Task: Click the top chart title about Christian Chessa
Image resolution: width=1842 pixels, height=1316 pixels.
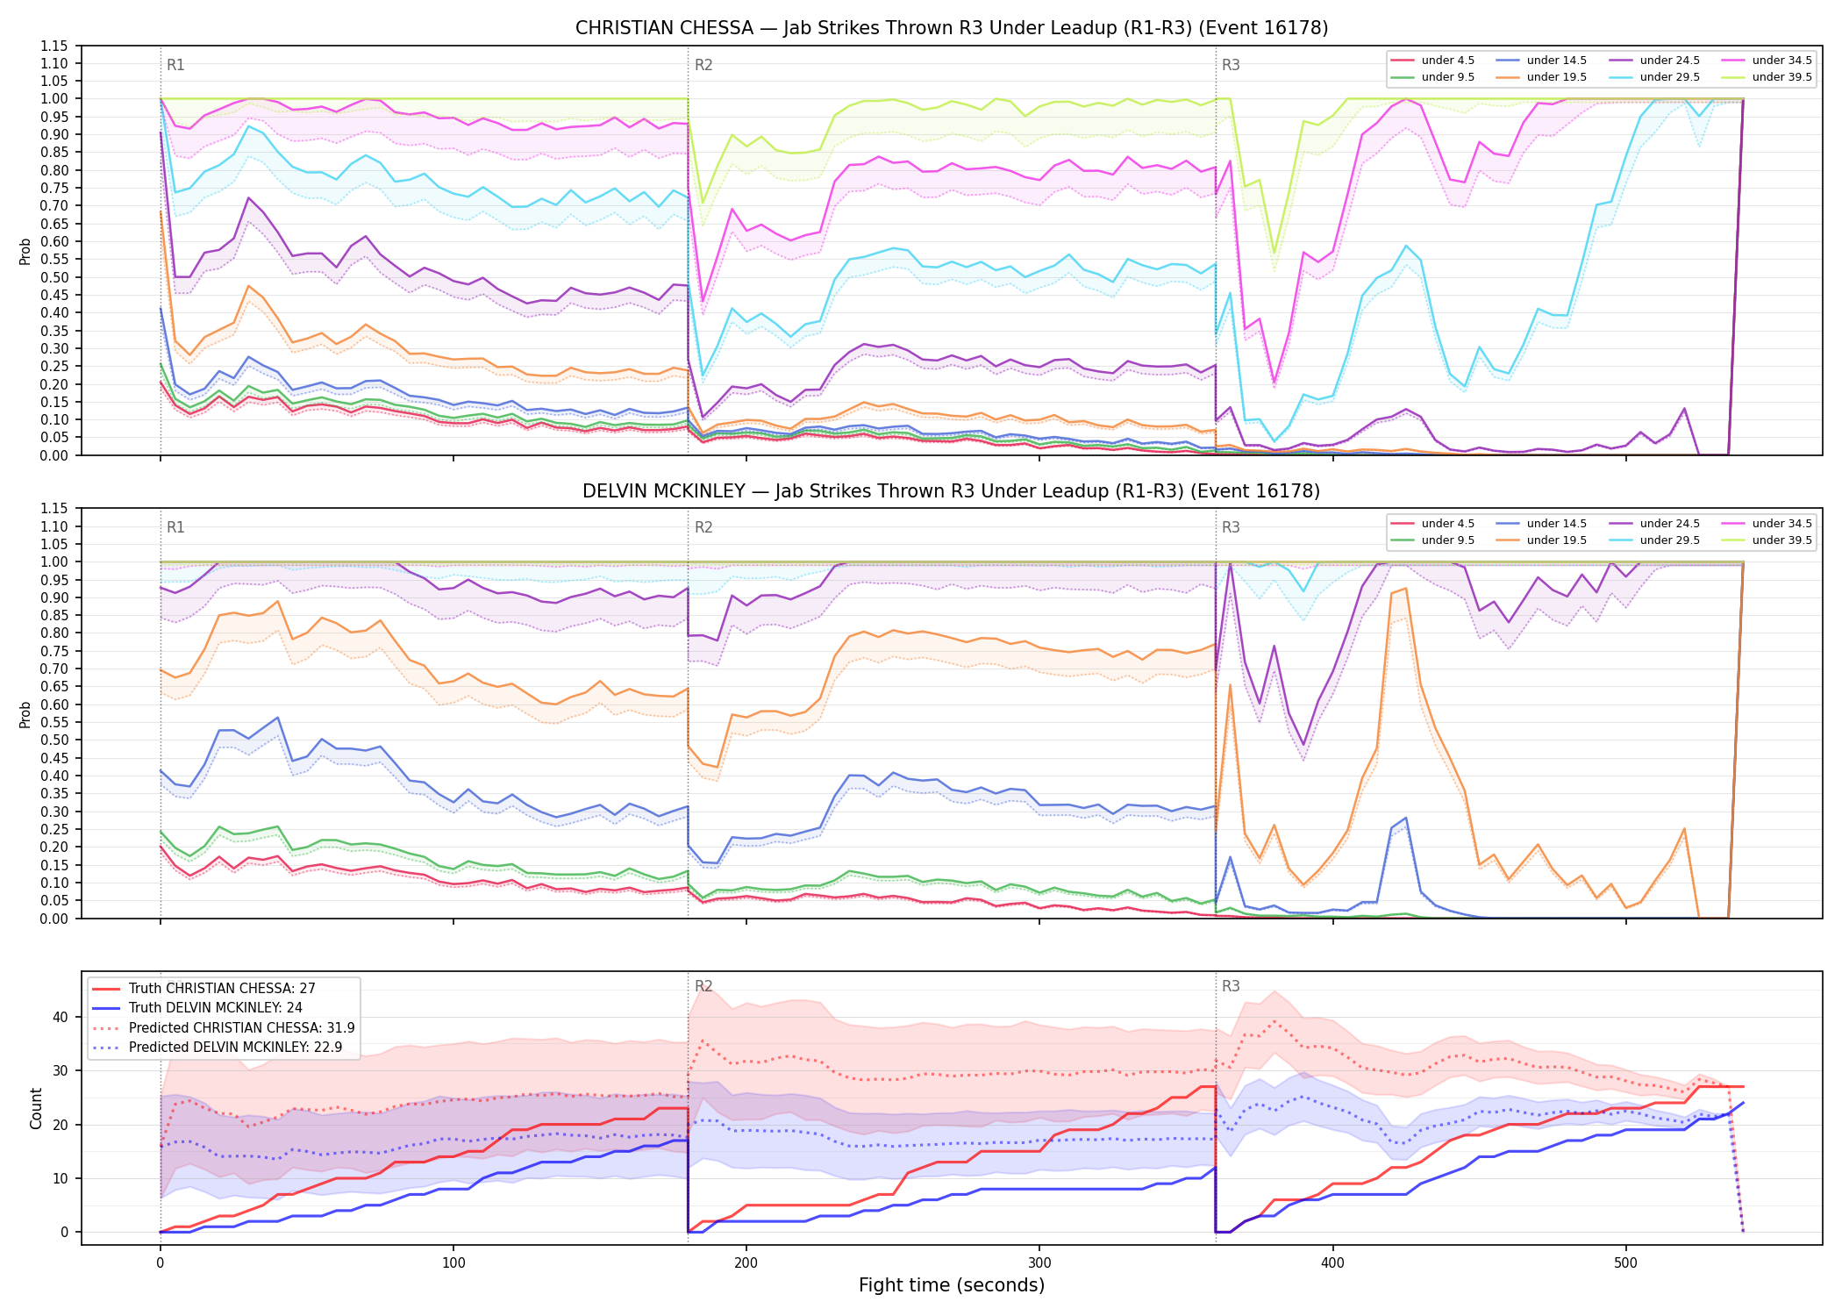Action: tap(952, 28)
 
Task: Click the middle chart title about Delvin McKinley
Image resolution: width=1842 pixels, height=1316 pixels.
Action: tap(952, 491)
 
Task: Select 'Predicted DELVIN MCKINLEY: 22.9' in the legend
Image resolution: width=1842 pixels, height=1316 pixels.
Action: tap(224, 1048)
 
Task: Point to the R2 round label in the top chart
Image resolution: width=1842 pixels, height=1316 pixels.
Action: tap(703, 65)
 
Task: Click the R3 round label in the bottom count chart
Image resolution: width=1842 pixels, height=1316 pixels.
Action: tap(1231, 986)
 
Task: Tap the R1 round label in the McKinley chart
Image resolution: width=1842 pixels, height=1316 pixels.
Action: tap(175, 527)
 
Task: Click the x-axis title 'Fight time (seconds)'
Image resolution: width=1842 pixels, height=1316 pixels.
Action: tap(952, 1285)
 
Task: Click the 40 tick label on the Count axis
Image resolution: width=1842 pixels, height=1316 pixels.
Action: tap(60, 1018)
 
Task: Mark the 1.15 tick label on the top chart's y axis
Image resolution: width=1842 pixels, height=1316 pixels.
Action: tap(54, 46)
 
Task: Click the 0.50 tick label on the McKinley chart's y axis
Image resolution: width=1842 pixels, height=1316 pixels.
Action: tap(54, 740)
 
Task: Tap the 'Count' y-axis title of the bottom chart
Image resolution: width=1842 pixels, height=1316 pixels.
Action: tap(36, 1108)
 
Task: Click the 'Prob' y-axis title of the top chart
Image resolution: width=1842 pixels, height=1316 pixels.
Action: tap(25, 251)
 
